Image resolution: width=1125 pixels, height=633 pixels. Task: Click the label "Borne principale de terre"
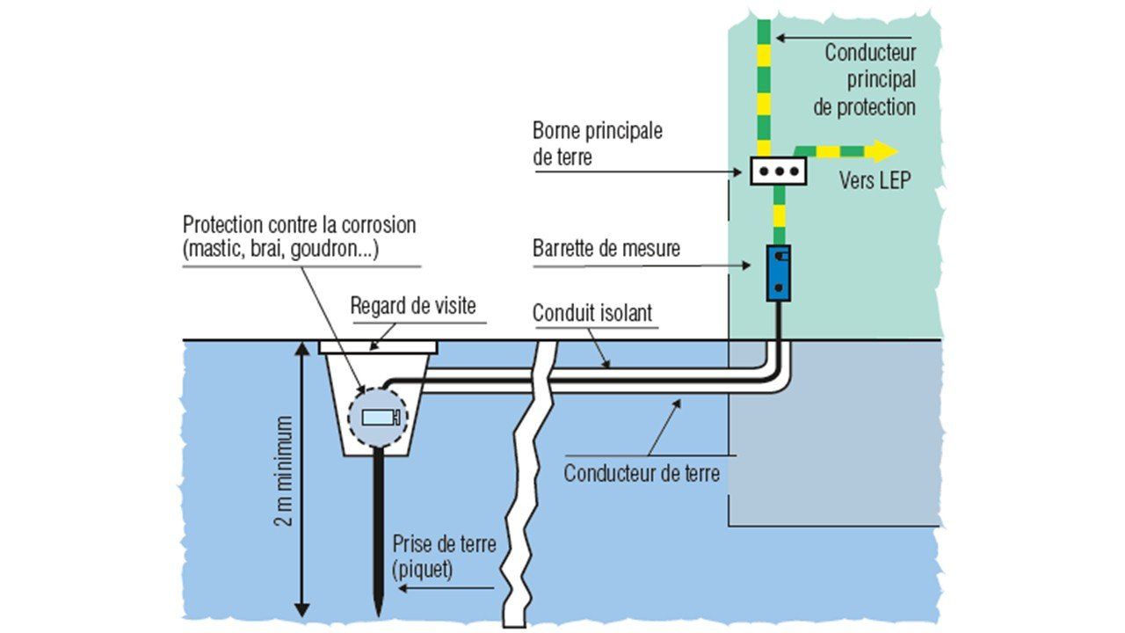click(x=597, y=144)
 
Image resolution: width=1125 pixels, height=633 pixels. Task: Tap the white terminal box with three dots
click(x=778, y=171)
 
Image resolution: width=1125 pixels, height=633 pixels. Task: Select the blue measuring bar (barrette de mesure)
click(x=778, y=273)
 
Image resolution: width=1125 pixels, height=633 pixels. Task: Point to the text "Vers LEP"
click(x=875, y=180)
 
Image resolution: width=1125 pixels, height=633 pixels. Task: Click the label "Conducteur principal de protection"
click(x=869, y=79)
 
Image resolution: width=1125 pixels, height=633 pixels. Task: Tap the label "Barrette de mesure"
click(x=606, y=249)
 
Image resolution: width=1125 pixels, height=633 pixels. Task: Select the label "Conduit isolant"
click(x=592, y=313)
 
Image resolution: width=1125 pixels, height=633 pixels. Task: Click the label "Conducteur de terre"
click(x=642, y=474)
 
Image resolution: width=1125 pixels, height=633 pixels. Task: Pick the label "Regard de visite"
click(x=413, y=306)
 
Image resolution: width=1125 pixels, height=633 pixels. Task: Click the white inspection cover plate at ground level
click(x=378, y=346)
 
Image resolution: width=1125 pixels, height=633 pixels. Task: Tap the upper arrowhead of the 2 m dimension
click(x=302, y=348)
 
